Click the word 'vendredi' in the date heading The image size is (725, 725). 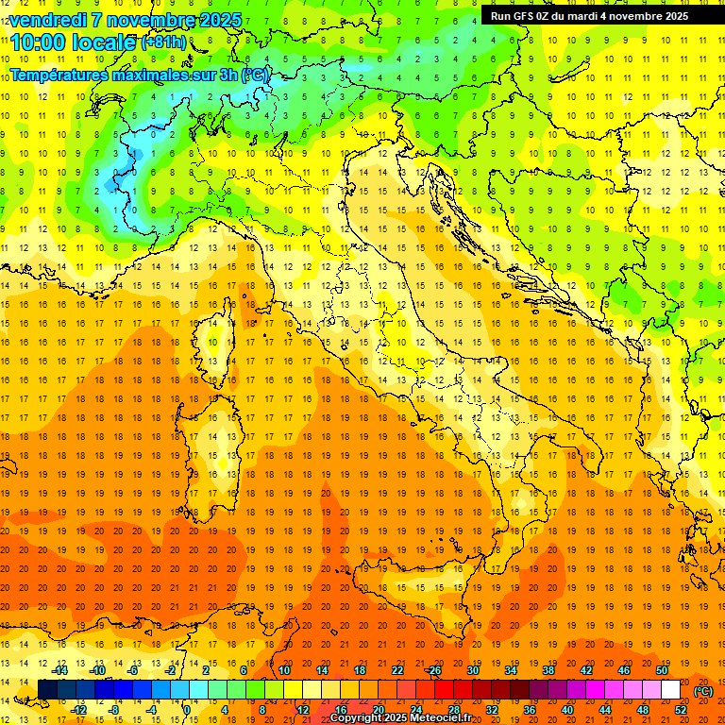click(53, 20)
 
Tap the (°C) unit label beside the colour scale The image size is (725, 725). click(703, 690)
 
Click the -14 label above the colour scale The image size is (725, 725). click(61, 670)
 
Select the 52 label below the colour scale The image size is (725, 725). click(681, 710)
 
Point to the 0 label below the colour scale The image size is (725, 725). click(186, 710)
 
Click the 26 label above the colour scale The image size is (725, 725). click(434, 670)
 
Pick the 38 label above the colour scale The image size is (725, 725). click(548, 670)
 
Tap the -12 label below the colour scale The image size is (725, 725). click(79, 710)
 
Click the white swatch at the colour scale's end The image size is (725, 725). click(671, 690)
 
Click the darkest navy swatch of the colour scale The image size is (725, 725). click(47, 690)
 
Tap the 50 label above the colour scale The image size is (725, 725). click(662, 670)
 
